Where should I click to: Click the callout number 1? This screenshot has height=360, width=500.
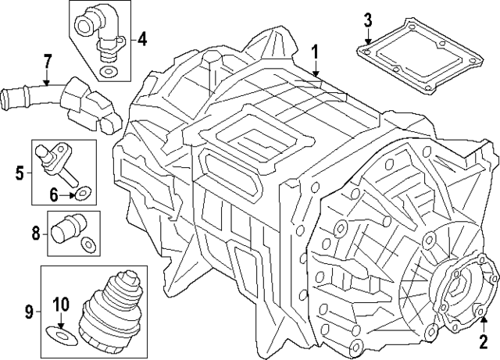314,52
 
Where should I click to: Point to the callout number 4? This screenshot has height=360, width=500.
142,37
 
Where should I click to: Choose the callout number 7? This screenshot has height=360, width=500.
47,60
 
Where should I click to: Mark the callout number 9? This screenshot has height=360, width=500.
29,312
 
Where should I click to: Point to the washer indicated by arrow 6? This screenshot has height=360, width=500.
82,189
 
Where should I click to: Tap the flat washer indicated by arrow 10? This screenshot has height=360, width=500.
59,335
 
